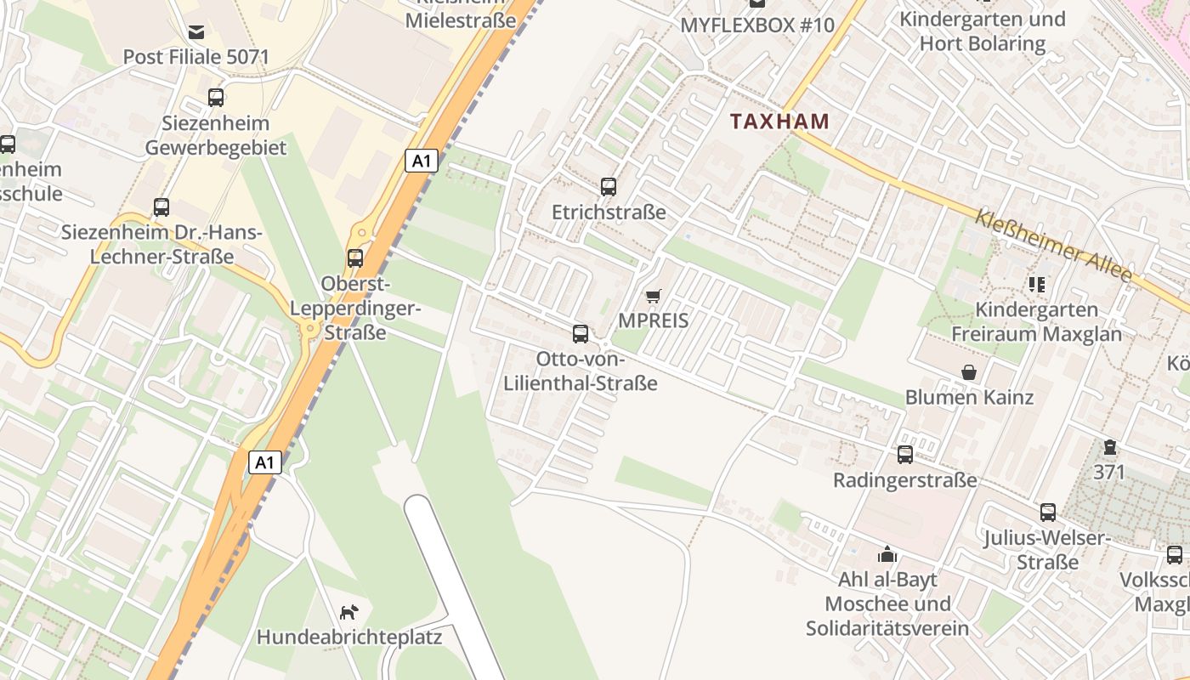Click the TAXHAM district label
coord(779,121)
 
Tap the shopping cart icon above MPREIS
coord(653,296)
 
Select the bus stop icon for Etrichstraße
coord(608,187)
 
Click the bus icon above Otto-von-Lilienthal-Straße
coord(581,334)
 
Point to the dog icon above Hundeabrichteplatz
coord(348,612)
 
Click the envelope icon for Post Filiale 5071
coord(196,32)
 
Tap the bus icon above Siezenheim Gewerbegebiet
coord(216,98)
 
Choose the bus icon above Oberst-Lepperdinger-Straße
coord(355,258)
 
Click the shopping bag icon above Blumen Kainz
coord(968,372)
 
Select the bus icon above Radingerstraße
coord(904,455)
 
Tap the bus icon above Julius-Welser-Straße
coord(1047,513)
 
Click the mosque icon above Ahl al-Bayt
coord(887,555)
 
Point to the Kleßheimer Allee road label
coord(1053,246)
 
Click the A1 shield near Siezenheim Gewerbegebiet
coord(421,161)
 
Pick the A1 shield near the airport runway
coord(265,462)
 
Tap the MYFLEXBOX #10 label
coord(757,25)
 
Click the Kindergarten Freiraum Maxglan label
coord(1036,321)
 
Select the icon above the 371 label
coord(1109,447)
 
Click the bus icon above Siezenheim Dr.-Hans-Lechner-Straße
coord(161,207)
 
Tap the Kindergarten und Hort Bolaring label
coord(982,31)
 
